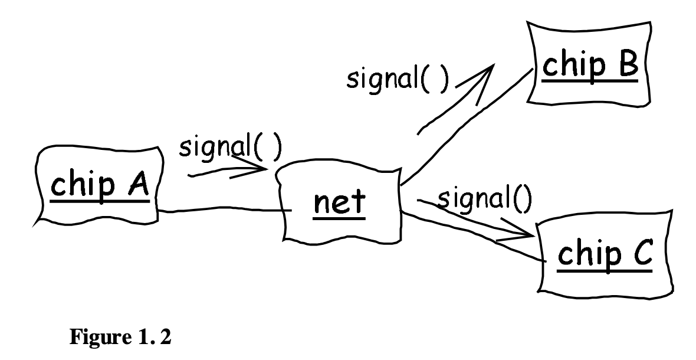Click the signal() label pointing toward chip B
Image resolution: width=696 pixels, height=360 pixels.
(x=396, y=80)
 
